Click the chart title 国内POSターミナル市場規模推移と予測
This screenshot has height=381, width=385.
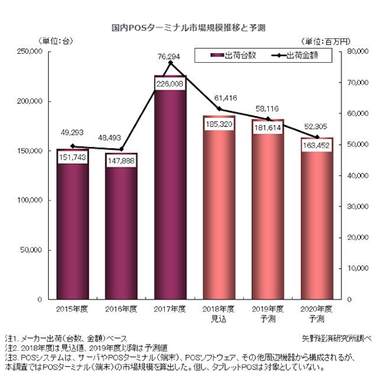pos(193,27)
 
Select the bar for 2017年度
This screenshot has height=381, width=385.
pos(170,192)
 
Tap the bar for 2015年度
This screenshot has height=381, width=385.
pos(72,226)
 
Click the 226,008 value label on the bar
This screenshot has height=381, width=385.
pos(170,84)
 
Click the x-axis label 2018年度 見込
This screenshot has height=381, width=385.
pos(219,313)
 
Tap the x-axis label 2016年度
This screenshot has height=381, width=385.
pos(121,309)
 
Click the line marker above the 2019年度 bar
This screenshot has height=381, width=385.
pos(268,119)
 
